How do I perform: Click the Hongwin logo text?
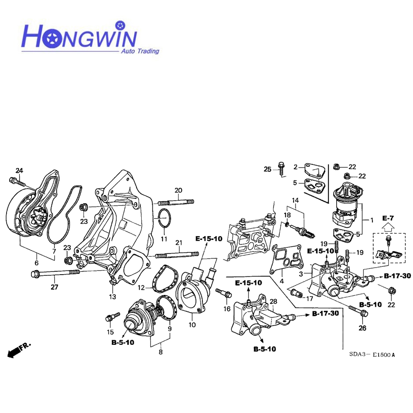[x=78, y=36]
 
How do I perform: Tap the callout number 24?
[x=19, y=171]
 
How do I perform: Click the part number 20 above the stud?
[x=178, y=190]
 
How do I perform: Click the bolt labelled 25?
[x=281, y=167]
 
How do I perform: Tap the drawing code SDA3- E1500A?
[x=372, y=354]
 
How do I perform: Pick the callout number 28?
[x=273, y=302]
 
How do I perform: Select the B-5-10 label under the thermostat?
[x=123, y=342]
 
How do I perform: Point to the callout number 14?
[x=295, y=200]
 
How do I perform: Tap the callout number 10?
[x=192, y=325]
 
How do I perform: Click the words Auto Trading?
[x=139, y=51]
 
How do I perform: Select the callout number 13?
[x=113, y=297]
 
